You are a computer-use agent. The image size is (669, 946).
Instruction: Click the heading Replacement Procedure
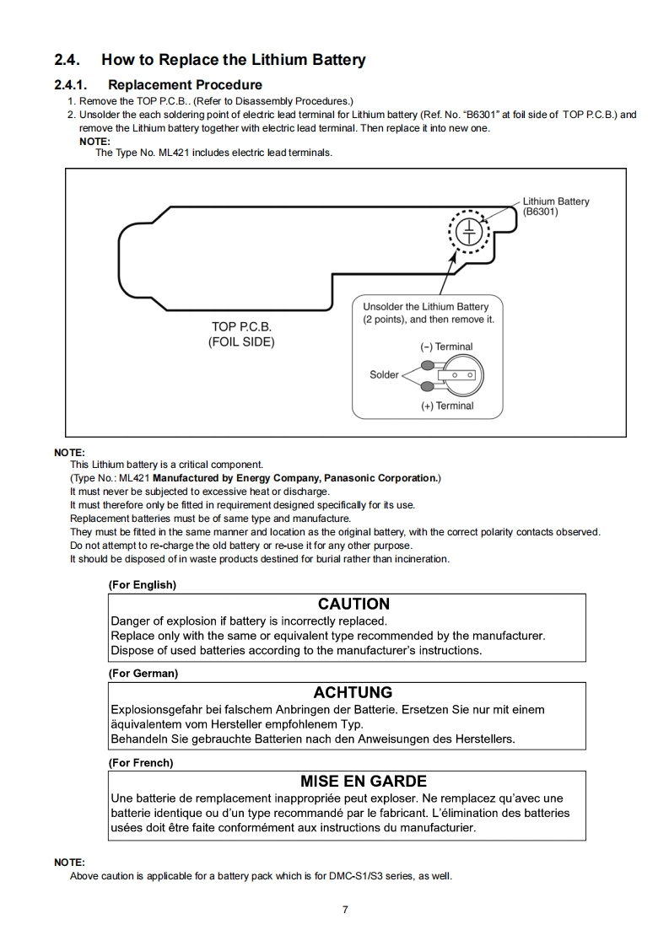tap(185, 84)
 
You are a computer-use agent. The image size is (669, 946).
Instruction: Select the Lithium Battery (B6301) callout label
tap(555, 207)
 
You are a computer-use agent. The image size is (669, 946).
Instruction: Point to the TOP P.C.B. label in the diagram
tap(241, 326)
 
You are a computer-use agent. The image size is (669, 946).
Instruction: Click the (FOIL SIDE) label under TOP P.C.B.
tap(241, 342)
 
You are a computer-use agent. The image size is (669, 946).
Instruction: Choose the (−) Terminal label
tap(446, 347)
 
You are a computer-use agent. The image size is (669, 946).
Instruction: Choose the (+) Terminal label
tap(447, 406)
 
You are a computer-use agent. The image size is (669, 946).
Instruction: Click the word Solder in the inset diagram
tap(384, 374)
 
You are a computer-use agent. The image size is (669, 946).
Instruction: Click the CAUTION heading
tap(353, 604)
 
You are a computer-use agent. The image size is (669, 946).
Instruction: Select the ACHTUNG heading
tap(353, 693)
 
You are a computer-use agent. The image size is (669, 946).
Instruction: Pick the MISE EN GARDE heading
tap(363, 782)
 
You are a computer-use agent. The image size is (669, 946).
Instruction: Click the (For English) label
tap(142, 584)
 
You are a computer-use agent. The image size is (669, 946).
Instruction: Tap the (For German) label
tap(143, 673)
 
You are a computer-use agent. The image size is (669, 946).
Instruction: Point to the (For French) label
tap(140, 762)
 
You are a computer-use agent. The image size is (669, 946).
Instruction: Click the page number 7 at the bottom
tap(345, 909)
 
